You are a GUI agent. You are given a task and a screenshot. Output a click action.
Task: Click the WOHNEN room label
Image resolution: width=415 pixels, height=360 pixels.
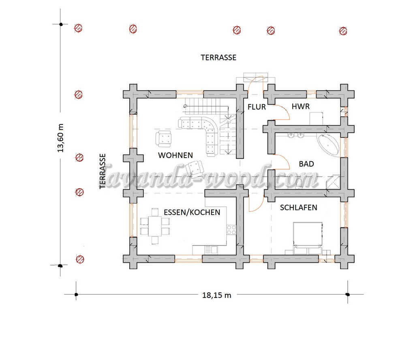[x=175, y=155]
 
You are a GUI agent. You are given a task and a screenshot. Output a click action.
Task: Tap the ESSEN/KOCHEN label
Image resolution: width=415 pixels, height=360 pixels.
[x=192, y=212]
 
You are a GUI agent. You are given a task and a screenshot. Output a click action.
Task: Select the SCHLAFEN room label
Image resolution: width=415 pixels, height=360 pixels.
[x=299, y=208]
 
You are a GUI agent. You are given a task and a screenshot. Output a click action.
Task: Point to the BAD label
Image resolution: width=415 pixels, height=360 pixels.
[x=306, y=164]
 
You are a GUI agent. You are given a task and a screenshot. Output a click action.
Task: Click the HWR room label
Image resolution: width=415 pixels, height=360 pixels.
[x=301, y=106]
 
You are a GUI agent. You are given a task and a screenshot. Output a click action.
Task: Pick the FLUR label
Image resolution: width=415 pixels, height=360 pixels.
[x=257, y=107]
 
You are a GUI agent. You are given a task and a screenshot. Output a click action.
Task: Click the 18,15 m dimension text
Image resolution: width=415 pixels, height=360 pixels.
[x=216, y=295]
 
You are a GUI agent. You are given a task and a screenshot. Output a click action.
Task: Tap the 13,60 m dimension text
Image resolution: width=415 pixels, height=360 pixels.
[x=61, y=138]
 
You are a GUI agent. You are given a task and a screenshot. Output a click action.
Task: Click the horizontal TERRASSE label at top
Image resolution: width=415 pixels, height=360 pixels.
[x=218, y=58]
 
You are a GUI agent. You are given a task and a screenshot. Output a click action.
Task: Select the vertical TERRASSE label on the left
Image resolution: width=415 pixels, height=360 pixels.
[x=103, y=171]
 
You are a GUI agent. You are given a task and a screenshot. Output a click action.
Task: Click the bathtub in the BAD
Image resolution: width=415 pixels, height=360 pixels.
[x=328, y=146]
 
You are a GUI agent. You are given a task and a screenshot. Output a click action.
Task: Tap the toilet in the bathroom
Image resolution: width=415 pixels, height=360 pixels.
[x=299, y=183]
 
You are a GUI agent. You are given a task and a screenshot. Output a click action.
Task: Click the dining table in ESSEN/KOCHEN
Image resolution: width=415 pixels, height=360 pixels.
[x=155, y=226]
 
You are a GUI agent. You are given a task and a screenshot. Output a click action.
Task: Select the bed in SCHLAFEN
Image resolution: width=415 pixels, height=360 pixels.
[x=308, y=235]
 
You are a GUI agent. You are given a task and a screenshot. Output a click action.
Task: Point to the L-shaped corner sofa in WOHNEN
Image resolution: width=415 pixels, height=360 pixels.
[x=209, y=132]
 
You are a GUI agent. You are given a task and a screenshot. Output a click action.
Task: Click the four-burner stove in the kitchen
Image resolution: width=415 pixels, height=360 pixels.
[x=231, y=230]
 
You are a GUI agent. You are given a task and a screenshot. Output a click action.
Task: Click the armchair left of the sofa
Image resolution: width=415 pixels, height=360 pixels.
[x=163, y=139]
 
